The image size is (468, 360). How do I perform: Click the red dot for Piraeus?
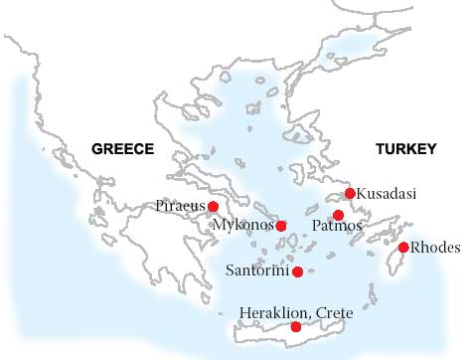[x=213, y=206]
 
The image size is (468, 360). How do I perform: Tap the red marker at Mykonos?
[x=281, y=226]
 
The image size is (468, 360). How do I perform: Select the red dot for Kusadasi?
[x=349, y=193]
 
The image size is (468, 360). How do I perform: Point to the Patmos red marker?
[x=338, y=215]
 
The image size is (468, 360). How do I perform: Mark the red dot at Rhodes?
[x=403, y=247]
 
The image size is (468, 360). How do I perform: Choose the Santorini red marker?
[x=297, y=270]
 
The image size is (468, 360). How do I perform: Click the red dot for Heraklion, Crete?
[x=295, y=327]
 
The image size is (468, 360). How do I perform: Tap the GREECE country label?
[x=122, y=149]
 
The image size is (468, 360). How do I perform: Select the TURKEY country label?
[x=405, y=149]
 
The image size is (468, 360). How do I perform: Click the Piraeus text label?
[x=181, y=206]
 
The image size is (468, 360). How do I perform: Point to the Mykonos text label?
[x=243, y=226]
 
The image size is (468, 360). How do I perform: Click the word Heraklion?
[x=273, y=313]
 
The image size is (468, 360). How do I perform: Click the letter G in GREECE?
[x=96, y=149]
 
